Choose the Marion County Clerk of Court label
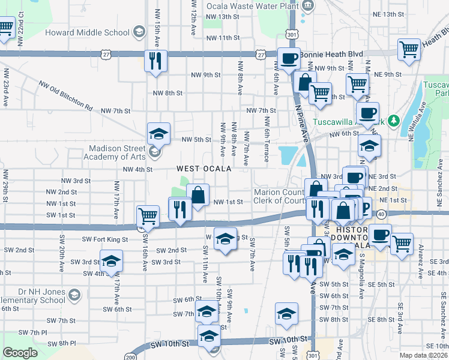[280, 196]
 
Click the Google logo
[20, 353]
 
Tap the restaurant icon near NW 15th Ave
[156, 61]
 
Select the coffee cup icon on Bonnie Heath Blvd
[289, 59]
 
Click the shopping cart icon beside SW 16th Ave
[148, 216]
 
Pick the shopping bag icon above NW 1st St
[197, 194]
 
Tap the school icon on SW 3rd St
[110, 262]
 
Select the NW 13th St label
[223, 16]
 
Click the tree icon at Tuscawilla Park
[393, 120]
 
